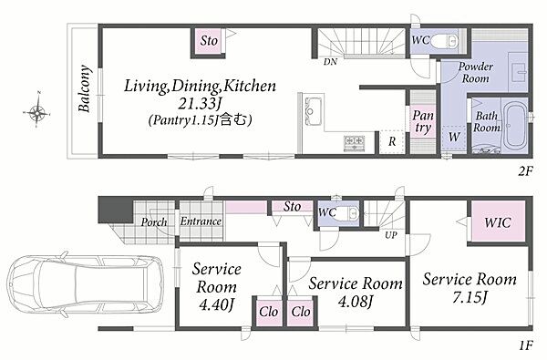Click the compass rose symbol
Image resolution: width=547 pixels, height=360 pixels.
tap(37, 112)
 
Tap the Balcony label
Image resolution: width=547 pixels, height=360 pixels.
tap(84, 88)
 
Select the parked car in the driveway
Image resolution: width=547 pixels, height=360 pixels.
tap(86, 284)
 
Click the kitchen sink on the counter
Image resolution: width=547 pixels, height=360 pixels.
tap(313, 111)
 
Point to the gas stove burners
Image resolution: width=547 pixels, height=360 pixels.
tap(354, 143)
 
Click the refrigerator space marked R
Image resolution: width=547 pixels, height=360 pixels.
tap(392, 142)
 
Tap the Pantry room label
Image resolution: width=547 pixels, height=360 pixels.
tap(422, 122)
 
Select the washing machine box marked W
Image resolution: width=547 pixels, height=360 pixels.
tap(454, 138)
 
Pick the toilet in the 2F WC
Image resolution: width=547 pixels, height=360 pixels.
tap(445, 41)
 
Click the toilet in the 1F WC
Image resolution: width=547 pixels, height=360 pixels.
tap(347, 212)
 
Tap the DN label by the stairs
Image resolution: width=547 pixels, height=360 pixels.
tap(330, 62)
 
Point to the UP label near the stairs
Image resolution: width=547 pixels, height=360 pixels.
tap(391, 235)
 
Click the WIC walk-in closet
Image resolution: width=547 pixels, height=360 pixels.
tap(498, 221)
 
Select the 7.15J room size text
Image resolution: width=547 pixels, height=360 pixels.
tap(470, 298)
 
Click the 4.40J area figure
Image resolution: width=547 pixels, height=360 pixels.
tap(216, 305)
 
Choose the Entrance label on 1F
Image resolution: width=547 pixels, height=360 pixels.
tap(201, 221)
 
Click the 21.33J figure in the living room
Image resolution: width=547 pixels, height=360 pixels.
tap(201, 103)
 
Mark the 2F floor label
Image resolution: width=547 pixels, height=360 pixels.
tap(525, 171)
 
